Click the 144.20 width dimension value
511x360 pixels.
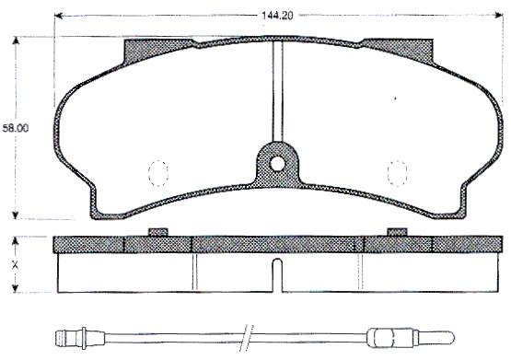[x=277, y=16]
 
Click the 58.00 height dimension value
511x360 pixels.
[x=16, y=128]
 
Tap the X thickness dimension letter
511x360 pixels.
[x=15, y=265]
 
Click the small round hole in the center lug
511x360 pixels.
[x=277, y=164]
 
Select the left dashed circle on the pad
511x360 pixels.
[x=158, y=173]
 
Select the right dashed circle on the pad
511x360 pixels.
[x=397, y=173]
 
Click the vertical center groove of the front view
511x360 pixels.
[x=277, y=91]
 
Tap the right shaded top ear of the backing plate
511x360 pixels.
[x=400, y=51]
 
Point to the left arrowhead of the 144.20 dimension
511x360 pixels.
[x=59, y=16]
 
